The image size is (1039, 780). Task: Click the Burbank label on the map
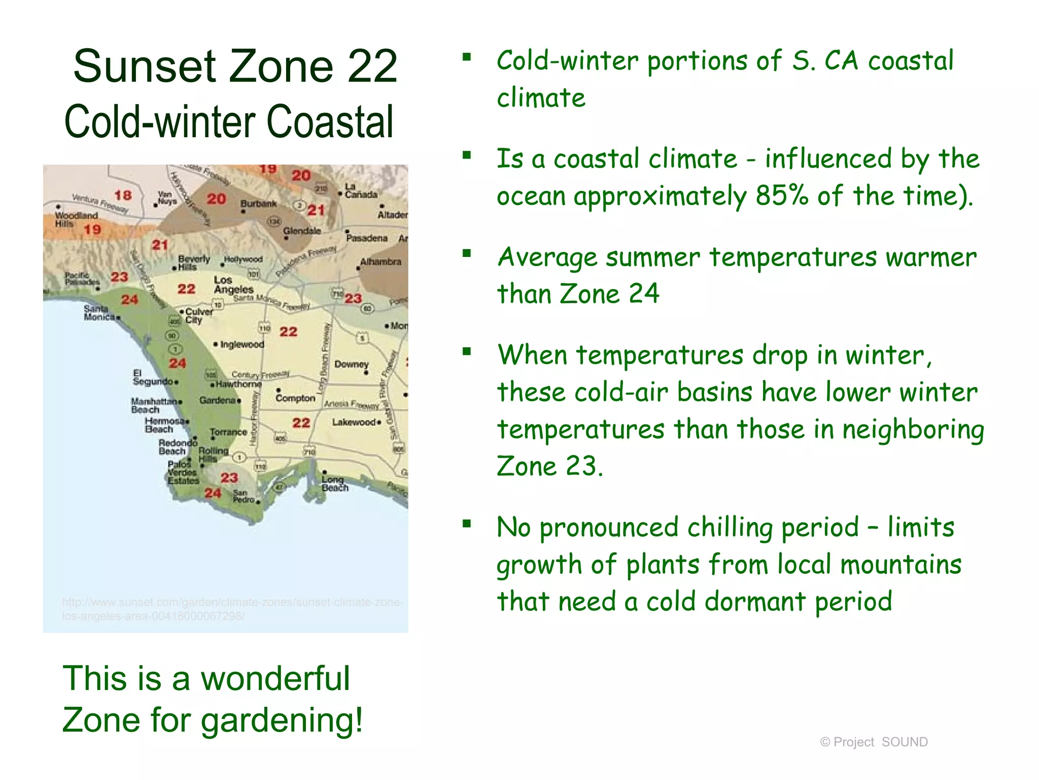coord(258,204)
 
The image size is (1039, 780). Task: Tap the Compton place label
coord(295,399)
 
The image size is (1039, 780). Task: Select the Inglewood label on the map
coord(242,345)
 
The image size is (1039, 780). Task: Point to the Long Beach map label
coord(335,483)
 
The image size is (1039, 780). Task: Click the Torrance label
coord(228,432)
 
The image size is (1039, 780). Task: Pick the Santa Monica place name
coord(99,313)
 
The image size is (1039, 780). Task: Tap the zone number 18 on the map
coord(123,195)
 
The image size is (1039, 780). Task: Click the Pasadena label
coord(367,238)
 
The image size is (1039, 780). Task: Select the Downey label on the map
coord(351,365)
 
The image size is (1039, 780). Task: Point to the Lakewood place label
coord(354,422)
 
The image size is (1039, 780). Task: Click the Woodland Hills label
coord(76,219)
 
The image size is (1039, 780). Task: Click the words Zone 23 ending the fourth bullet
coord(549,466)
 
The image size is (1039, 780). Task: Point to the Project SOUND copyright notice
coord(874,742)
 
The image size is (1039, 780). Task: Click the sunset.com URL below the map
coord(232,609)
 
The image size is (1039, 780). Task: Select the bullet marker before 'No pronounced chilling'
coord(467,524)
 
